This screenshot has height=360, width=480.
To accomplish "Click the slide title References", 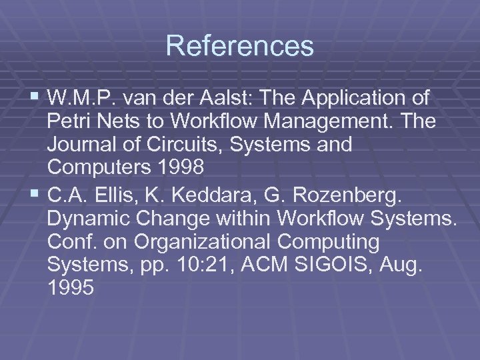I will (240, 46).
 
